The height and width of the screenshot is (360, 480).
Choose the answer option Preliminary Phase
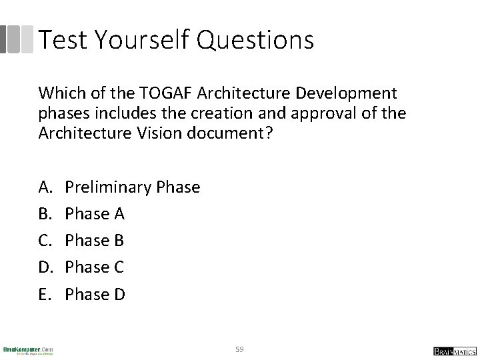point(132,187)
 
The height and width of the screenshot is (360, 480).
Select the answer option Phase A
point(94,214)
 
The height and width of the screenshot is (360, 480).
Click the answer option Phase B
point(94,241)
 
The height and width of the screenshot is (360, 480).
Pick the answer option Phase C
point(94,267)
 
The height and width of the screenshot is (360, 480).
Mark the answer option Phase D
point(95,294)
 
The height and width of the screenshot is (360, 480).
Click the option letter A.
point(45,187)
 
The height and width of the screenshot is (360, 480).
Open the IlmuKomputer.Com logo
point(28,350)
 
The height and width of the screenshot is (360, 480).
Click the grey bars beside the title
point(17,39)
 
